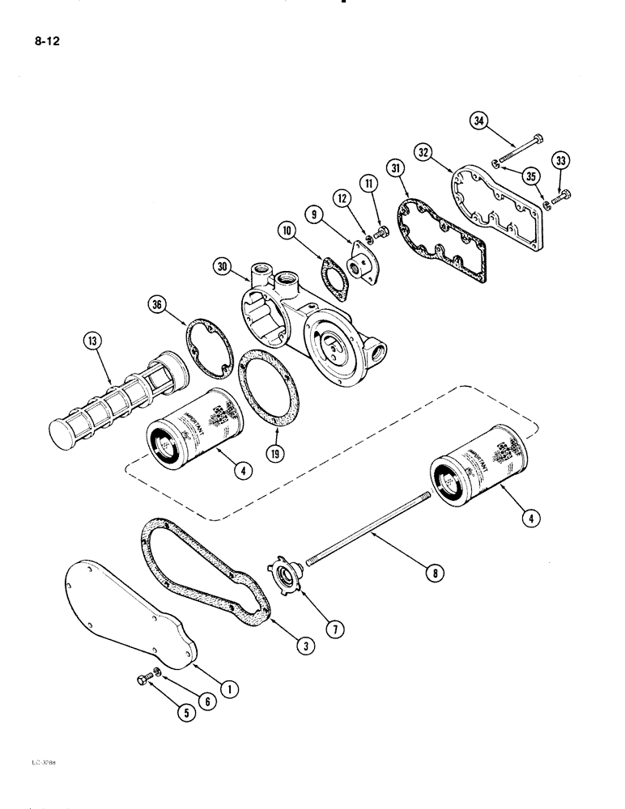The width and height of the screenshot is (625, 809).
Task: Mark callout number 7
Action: [x=306, y=624]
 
